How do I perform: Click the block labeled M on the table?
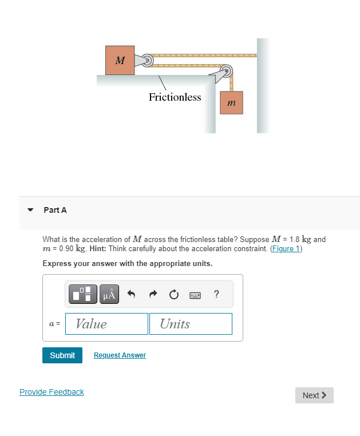click(120, 60)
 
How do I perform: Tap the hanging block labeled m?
click(231, 103)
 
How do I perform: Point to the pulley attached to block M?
click(147, 60)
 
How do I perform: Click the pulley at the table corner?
click(227, 73)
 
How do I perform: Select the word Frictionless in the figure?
click(175, 97)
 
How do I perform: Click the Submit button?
click(62, 355)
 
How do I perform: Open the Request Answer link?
click(120, 355)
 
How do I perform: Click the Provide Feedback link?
click(52, 392)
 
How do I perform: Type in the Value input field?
click(106, 324)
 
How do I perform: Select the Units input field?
click(191, 324)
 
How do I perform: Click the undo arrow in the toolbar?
click(131, 295)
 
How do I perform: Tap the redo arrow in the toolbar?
click(153, 295)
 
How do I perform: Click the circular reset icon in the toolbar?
click(174, 295)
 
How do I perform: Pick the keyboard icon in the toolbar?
click(195, 295)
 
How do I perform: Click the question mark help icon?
click(216, 295)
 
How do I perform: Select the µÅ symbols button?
click(110, 295)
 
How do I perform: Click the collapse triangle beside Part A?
click(31, 210)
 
